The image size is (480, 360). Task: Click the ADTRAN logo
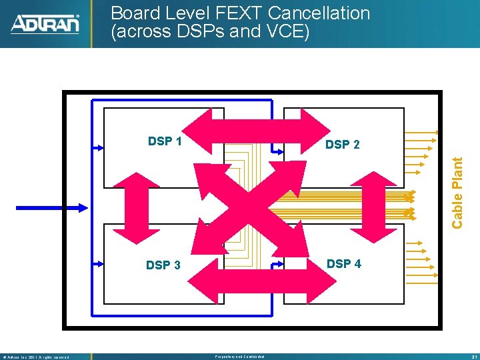45,24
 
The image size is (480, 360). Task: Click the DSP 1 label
165,141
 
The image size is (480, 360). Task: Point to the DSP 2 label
342,144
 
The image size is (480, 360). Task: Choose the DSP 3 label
163,265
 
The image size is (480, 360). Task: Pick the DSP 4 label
343,263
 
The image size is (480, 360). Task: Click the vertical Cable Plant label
457,192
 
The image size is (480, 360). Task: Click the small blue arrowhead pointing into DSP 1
99,145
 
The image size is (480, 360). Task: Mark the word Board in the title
136,13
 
